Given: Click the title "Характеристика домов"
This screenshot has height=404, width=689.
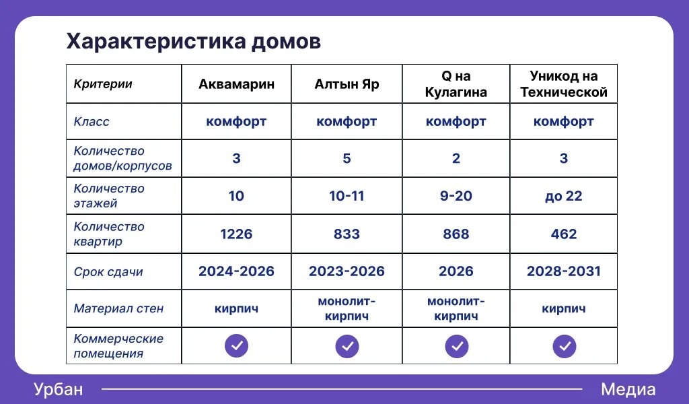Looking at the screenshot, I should pyautogui.click(x=193, y=42).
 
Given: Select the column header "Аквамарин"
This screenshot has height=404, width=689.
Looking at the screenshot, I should pyautogui.click(x=236, y=84).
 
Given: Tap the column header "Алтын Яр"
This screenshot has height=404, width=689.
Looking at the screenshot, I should pyautogui.click(x=347, y=84).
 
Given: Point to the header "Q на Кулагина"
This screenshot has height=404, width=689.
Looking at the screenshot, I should pyautogui.click(x=456, y=84).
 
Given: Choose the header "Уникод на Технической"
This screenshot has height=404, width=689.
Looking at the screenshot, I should pyautogui.click(x=563, y=84).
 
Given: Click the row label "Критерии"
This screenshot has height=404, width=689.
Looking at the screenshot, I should pyautogui.click(x=103, y=84).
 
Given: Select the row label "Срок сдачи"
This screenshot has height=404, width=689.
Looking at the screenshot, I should pyautogui.click(x=108, y=272).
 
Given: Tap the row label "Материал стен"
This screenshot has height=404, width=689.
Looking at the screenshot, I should pyautogui.click(x=118, y=308).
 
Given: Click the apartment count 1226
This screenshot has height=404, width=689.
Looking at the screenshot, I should pyautogui.click(x=236, y=234).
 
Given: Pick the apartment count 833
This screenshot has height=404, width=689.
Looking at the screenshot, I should pyautogui.click(x=347, y=234).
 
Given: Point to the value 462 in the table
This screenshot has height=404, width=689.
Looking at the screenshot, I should pyautogui.click(x=563, y=234).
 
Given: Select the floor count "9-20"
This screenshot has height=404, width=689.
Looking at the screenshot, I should pyautogui.click(x=456, y=196).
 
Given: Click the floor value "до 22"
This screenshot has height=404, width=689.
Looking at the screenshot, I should pyautogui.click(x=563, y=196).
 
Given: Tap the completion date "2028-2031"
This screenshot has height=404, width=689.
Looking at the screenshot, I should pyautogui.click(x=563, y=271).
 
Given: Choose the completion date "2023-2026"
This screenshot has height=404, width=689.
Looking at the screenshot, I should pyautogui.click(x=347, y=271).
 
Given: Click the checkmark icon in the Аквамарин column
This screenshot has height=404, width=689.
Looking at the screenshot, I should pyautogui.click(x=236, y=346).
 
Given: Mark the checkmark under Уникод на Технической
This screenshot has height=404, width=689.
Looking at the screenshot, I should pyautogui.click(x=564, y=346).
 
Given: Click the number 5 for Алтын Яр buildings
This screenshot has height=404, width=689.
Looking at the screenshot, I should pyautogui.click(x=347, y=158).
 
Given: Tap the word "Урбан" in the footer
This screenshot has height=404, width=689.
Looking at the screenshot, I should pyautogui.click(x=58, y=389).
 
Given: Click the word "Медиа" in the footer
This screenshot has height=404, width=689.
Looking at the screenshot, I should pyautogui.click(x=628, y=389).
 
